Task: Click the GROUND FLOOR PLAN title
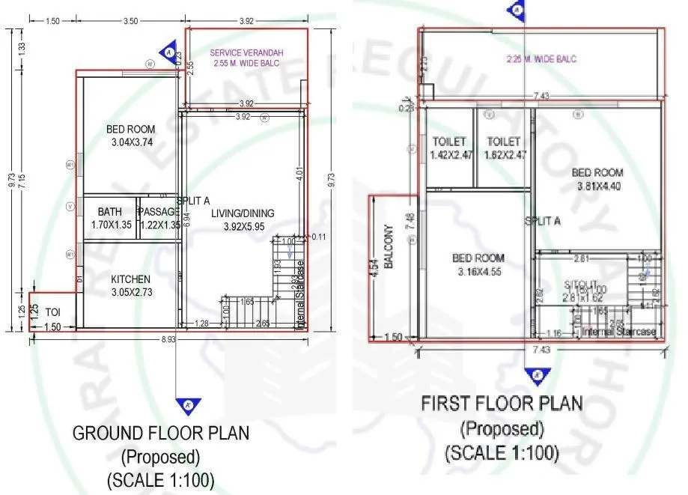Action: click(160, 433)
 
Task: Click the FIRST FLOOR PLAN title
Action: click(501, 404)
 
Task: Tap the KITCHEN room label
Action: click(132, 279)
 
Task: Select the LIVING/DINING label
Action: click(243, 213)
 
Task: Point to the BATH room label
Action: click(109, 212)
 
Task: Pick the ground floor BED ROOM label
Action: click(130, 130)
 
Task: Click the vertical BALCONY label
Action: click(389, 246)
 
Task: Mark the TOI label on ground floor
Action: click(52, 311)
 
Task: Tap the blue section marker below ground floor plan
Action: click(185, 406)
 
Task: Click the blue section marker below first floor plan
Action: click(536, 375)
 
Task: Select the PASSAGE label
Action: click(158, 212)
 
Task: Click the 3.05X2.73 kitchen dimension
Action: click(132, 292)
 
